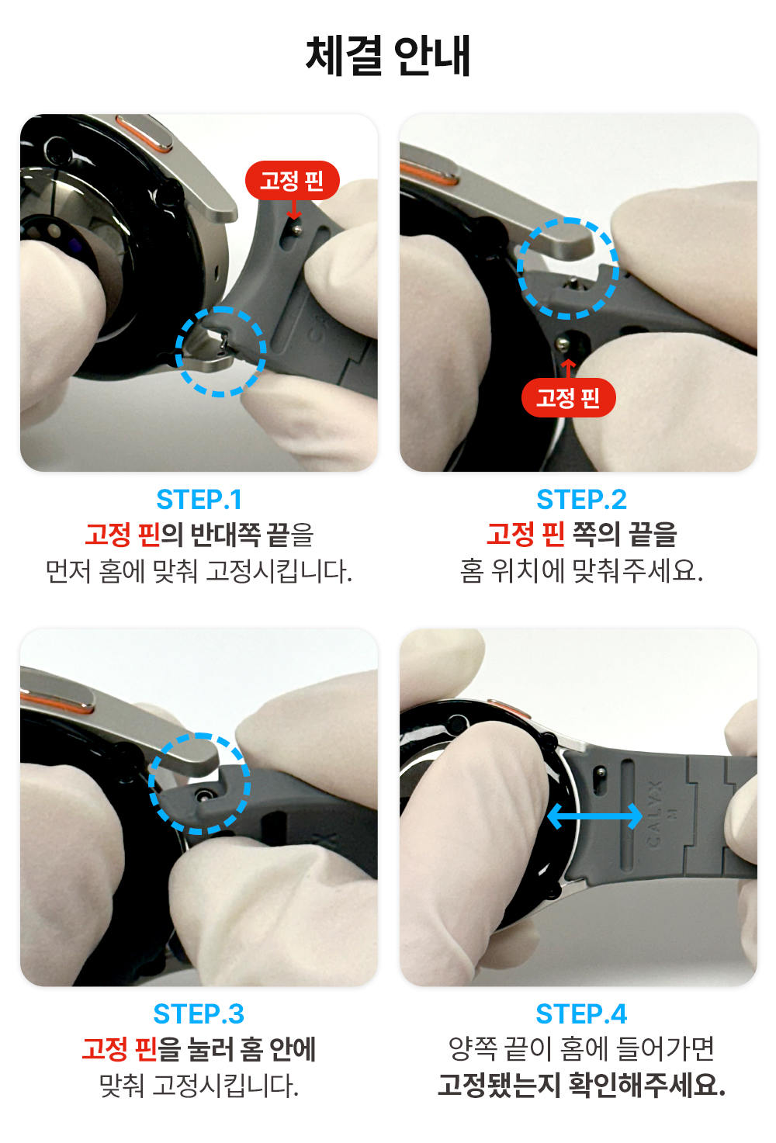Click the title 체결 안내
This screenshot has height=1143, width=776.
(388, 56)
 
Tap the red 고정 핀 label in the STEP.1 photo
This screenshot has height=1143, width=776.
(292, 180)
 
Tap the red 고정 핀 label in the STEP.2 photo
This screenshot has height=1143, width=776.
(568, 397)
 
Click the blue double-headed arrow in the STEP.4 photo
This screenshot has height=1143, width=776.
(594, 816)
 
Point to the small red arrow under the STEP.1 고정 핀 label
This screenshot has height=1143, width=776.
(293, 210)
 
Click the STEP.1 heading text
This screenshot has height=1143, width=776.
(199, 500)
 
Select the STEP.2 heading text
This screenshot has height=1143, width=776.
(581, 500)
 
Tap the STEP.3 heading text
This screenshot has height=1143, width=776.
(199, 1014)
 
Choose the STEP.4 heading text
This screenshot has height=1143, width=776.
(581, 1014)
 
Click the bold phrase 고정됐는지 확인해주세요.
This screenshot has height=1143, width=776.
(581, 1085)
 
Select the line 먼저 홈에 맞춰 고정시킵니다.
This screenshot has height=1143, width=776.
(199, 571)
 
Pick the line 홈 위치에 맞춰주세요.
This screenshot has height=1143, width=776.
(581, 571)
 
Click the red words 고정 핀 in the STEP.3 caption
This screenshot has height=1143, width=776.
(120, 1049)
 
